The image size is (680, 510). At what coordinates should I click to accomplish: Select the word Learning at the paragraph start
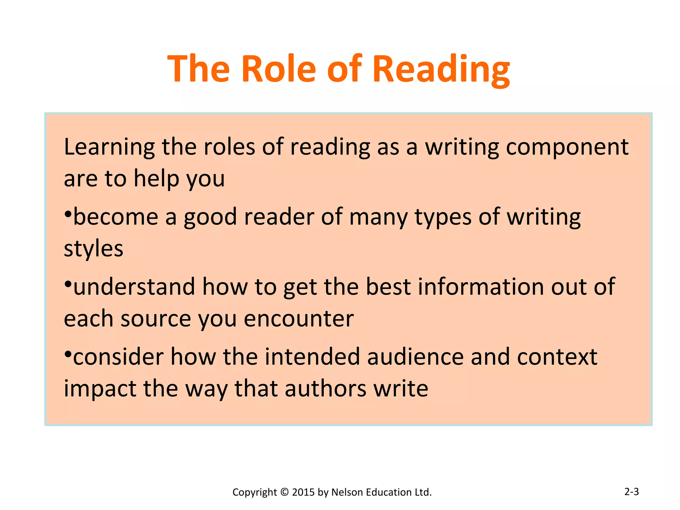pyautogui.click(x=109, y=147)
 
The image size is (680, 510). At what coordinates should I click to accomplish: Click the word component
pyautogui.click(x=567, y=147)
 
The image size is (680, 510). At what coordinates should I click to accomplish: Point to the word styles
pyautogui.click(x=93, y=248)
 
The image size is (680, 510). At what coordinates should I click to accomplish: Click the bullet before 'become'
pyautogui.click(x=68, y=213)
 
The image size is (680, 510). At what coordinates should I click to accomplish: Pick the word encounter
pyautogui.click(x=299, y=319)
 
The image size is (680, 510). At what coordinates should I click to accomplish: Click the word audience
pyautogui.click(x=415, y=357)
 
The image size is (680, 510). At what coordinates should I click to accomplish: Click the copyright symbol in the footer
pyautogui.click(x=285, y=492)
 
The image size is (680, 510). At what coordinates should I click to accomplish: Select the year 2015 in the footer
pyautogui.click(x=303, y=492)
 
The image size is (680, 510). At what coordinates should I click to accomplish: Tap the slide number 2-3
pyautogui.click(x=631, y=491)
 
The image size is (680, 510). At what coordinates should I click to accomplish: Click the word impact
pyautogui.click(x=100, y=388)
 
